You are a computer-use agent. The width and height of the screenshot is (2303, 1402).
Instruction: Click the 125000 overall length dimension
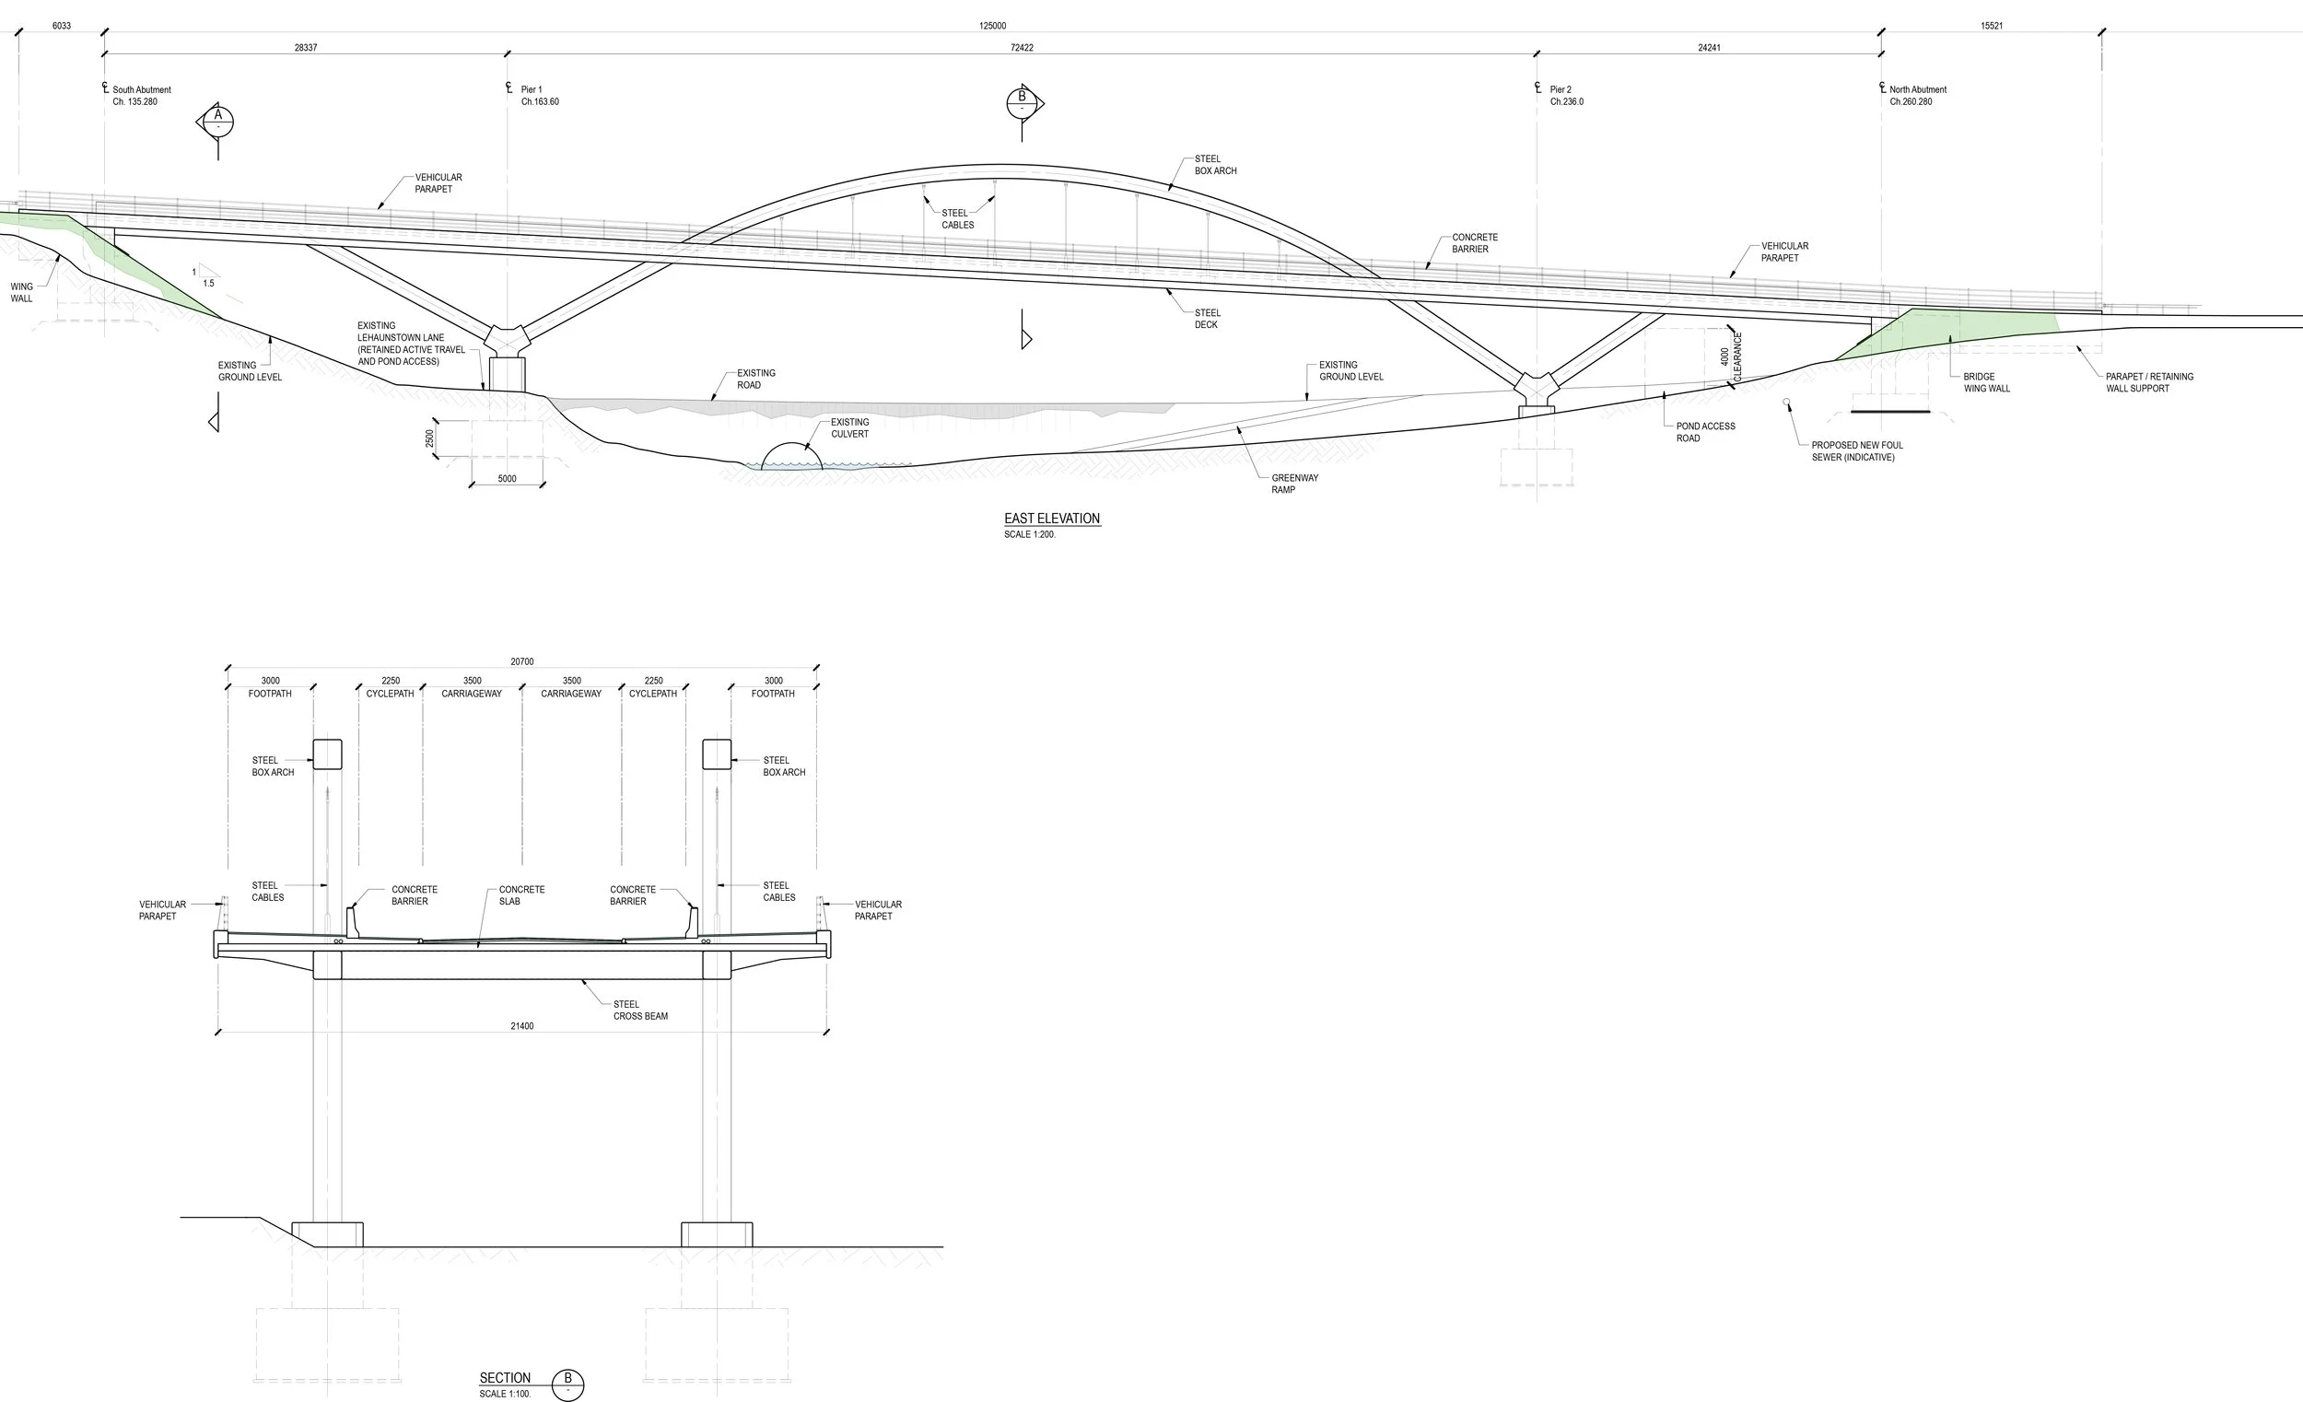pyautogui.click(x=993, y=26)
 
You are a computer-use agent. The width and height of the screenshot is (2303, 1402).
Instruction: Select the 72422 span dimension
pyautogui.click(x=1022, y=48)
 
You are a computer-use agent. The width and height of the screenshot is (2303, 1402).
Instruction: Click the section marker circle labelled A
pyautogui.click(x=217, y=121)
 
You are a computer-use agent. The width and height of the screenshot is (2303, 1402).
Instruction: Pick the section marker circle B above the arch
pyautogui.click(x=1022, y=102)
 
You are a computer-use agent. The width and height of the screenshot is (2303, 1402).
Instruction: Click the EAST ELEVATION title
pyautogui.click(x=1051, y=519)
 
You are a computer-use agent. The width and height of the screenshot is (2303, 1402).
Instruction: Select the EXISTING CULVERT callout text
pyautogui.click(x=849, y=428)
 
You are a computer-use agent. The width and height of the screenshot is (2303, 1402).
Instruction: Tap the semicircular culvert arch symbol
pyautogui.click(x=791, y=456)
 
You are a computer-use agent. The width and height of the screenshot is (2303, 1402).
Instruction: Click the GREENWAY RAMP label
pyautogui.click(x=1294, y=485)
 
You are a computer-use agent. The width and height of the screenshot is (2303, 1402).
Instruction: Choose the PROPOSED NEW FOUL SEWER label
pyautogui.click(x=1856, y=451)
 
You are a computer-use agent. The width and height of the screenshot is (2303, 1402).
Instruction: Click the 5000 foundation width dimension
pyautogui.click(x=507, y=479)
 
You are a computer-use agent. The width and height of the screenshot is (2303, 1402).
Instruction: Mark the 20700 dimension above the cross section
pyautogui.click(x=521, y=661)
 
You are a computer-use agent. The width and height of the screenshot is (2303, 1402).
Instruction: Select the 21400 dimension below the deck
pyautogui.click(x=521, y=1026)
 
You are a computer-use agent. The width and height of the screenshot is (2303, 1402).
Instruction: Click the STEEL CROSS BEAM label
pyautogui.click(x=640, y=1011)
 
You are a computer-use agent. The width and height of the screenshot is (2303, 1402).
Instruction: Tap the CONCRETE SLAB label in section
pyautogui.click(x=520, y=895)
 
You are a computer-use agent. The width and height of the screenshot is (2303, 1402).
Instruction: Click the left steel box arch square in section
pyautogui.click(x=327, y=754)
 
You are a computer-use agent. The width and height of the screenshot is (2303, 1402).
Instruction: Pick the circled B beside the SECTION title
pyautogui.click(x=567, y=1383)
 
